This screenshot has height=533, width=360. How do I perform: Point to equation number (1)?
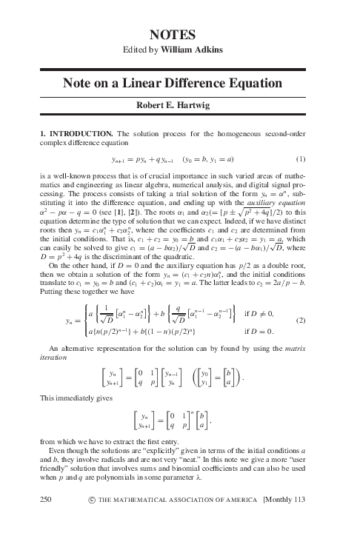[x=321, y=159]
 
